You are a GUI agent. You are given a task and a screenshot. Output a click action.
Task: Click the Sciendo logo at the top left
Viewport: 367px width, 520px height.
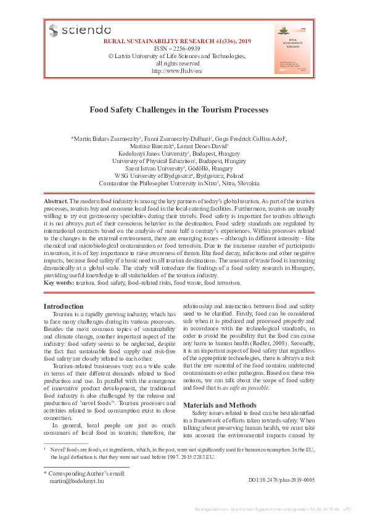coord(80,30)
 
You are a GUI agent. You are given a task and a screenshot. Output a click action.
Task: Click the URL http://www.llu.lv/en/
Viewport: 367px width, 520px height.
coord(177,71)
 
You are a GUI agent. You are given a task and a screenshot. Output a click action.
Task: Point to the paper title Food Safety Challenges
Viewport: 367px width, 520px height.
coord(179,110)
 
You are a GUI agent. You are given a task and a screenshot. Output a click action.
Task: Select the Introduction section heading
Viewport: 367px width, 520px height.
coord(64,306)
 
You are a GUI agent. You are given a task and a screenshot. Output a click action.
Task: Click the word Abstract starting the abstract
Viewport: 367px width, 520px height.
coord(56,202)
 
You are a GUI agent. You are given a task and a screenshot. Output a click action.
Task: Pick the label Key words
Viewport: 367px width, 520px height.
coord(59,282)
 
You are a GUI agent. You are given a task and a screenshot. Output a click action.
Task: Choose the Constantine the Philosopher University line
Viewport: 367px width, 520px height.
coord(179,184)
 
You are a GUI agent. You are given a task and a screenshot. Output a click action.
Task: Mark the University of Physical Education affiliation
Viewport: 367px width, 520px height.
coord(179,161)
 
